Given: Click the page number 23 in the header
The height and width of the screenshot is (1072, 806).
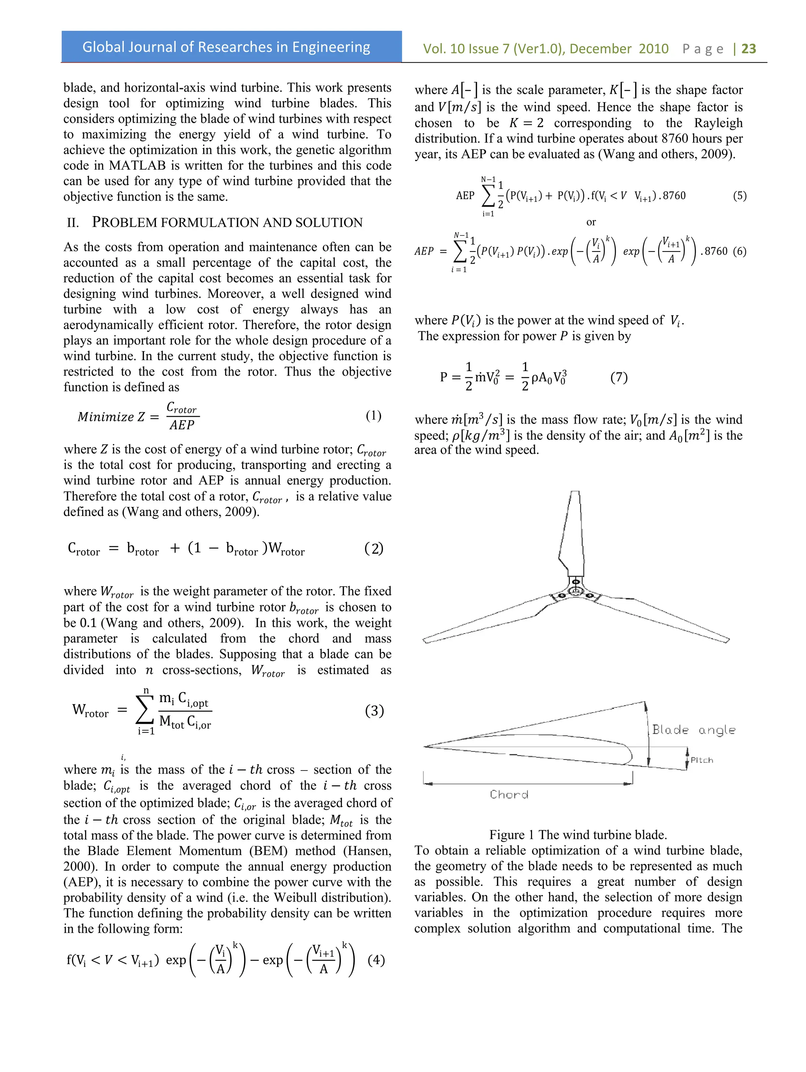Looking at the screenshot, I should coord(749,48).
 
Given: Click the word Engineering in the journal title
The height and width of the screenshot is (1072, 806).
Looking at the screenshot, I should coord(331,47).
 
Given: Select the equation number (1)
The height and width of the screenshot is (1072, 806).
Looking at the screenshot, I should coord(373,415).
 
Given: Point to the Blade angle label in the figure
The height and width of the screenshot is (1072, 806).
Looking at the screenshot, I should coord(693,730).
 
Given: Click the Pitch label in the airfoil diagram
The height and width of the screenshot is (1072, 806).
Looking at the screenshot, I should coord(701,760).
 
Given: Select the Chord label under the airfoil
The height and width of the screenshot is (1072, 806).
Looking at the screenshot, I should coord(509,794).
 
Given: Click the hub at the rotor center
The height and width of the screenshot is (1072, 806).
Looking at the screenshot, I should coord(575,591).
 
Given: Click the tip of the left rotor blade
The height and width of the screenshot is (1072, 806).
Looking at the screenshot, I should coord(425,641).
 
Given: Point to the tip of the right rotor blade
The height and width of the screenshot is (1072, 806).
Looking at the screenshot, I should coord(727,640).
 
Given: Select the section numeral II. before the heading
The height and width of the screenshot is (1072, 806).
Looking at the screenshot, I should coord(73,222).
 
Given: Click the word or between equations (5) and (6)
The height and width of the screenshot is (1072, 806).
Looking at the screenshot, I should coord(591,222).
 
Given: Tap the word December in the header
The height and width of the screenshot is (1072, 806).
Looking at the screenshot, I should coord(601,48).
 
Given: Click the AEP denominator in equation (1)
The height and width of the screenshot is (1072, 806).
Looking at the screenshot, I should coord(182,425).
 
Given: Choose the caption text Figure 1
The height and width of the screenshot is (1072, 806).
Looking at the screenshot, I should coord(511,835).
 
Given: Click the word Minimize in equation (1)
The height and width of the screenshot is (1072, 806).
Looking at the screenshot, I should coord(105,417).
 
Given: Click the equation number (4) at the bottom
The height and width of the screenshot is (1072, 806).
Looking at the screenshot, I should coord(376,960).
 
